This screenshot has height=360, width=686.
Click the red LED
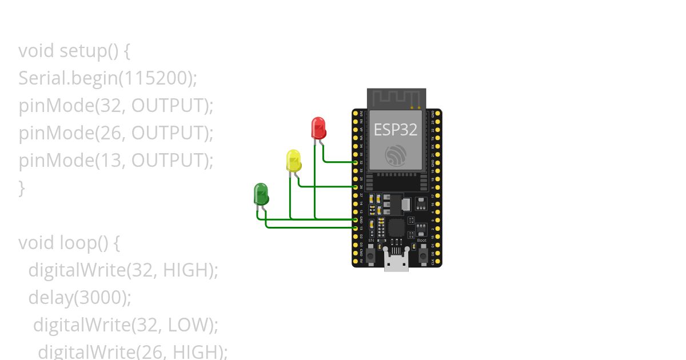(318, 127)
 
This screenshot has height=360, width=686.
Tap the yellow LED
(293, 161)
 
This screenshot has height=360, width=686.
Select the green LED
(261, 194)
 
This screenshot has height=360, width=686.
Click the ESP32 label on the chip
(396, 130)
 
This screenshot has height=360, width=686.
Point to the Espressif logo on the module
(396, 155)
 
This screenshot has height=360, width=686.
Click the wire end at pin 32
(356, 162)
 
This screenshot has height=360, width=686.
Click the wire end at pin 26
(356, 187)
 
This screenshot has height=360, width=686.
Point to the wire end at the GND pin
(356, 219)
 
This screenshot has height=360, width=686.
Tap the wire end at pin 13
(356, 227)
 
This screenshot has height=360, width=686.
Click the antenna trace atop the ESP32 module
(396, 98)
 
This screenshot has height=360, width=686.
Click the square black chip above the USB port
(396, 229)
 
